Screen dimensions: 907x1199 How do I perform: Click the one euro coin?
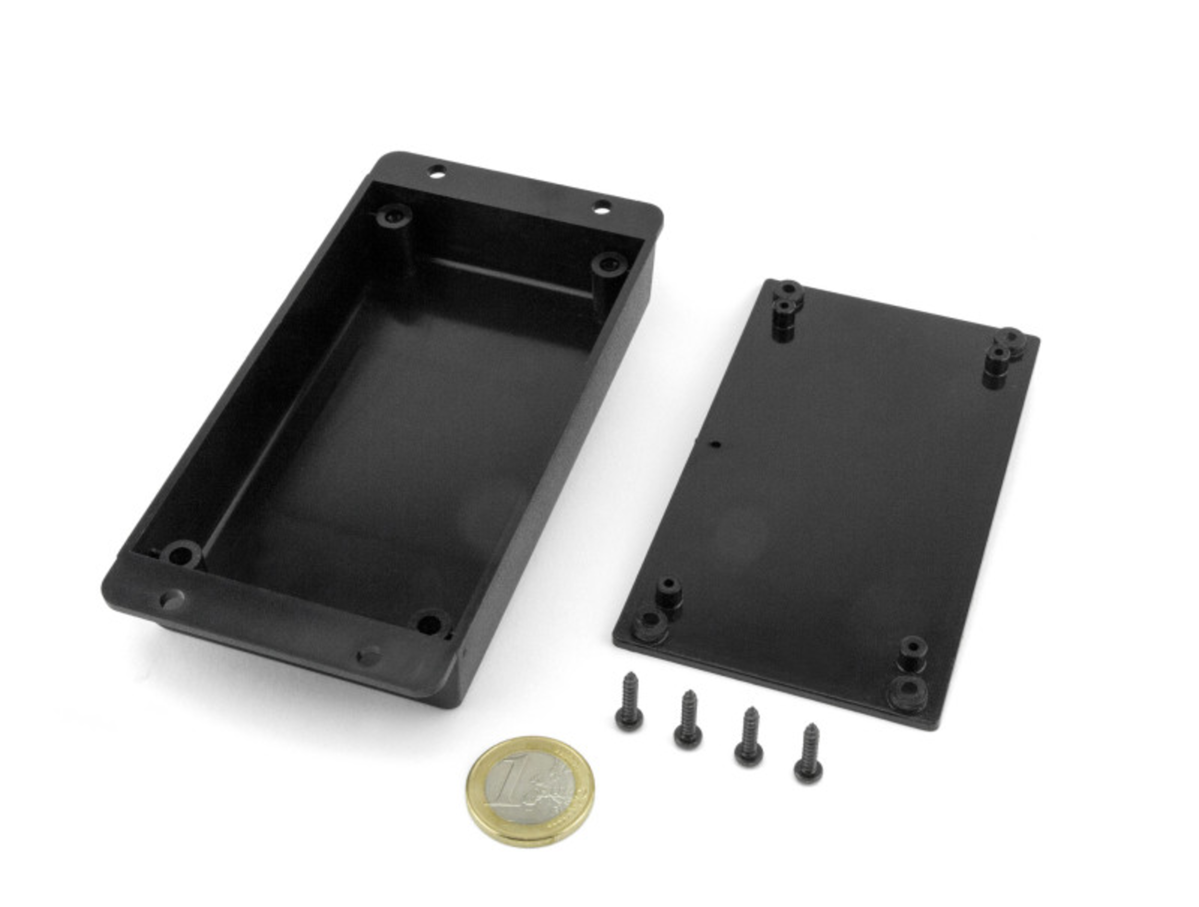[530, 791]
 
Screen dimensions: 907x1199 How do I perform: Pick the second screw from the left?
[688, 718]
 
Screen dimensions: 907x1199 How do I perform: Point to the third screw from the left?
[750, 736]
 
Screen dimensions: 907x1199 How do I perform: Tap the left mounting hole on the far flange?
[438, 173]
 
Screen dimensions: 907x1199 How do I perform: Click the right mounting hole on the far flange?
[601, 206]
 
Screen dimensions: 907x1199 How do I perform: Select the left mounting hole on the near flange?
[172, 599]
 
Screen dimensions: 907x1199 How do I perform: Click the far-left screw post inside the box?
[393, 216]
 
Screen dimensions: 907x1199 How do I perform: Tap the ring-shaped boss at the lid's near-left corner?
[649, 620]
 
